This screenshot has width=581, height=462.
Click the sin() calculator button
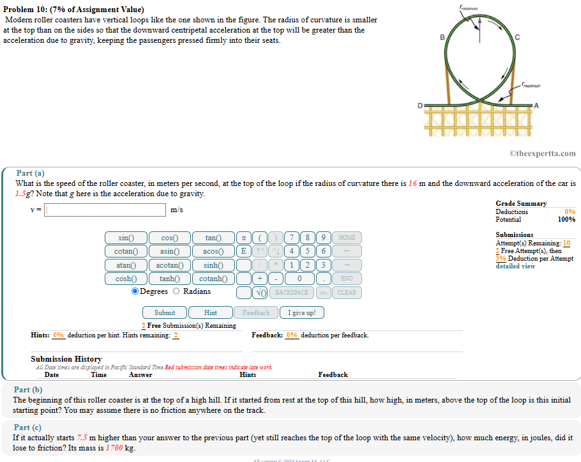pos(126,238)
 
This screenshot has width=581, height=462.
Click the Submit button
pos(165,312)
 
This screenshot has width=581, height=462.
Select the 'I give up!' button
pos(301,312)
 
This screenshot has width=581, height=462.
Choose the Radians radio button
pos(177,291)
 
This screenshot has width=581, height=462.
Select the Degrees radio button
pos(135,291)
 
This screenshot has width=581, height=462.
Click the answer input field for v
pos(105,210)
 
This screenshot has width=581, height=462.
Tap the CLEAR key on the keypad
pos(347,292)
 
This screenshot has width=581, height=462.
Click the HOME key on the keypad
pos(347,238)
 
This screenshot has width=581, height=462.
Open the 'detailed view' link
pos(515,266)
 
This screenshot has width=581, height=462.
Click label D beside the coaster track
pos(419,104)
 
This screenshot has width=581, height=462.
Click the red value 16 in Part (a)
pos(412,183)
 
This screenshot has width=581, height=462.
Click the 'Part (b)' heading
pos(28,390)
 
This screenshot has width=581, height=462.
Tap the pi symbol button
pos(243,238)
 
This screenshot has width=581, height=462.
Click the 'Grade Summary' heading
pos(521,203)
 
